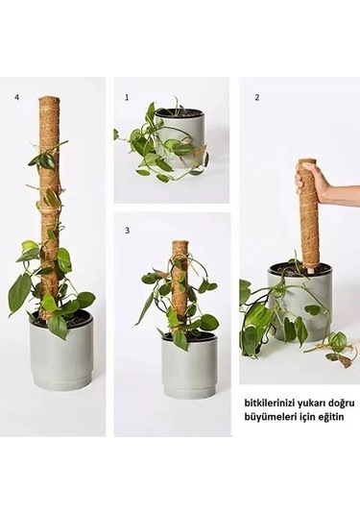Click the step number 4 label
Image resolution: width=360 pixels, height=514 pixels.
[16, 97]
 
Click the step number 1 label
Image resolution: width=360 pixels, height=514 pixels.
[126, 97]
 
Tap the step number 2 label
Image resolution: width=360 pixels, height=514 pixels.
[256, 97]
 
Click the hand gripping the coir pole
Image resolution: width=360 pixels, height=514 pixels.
[313, 180]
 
